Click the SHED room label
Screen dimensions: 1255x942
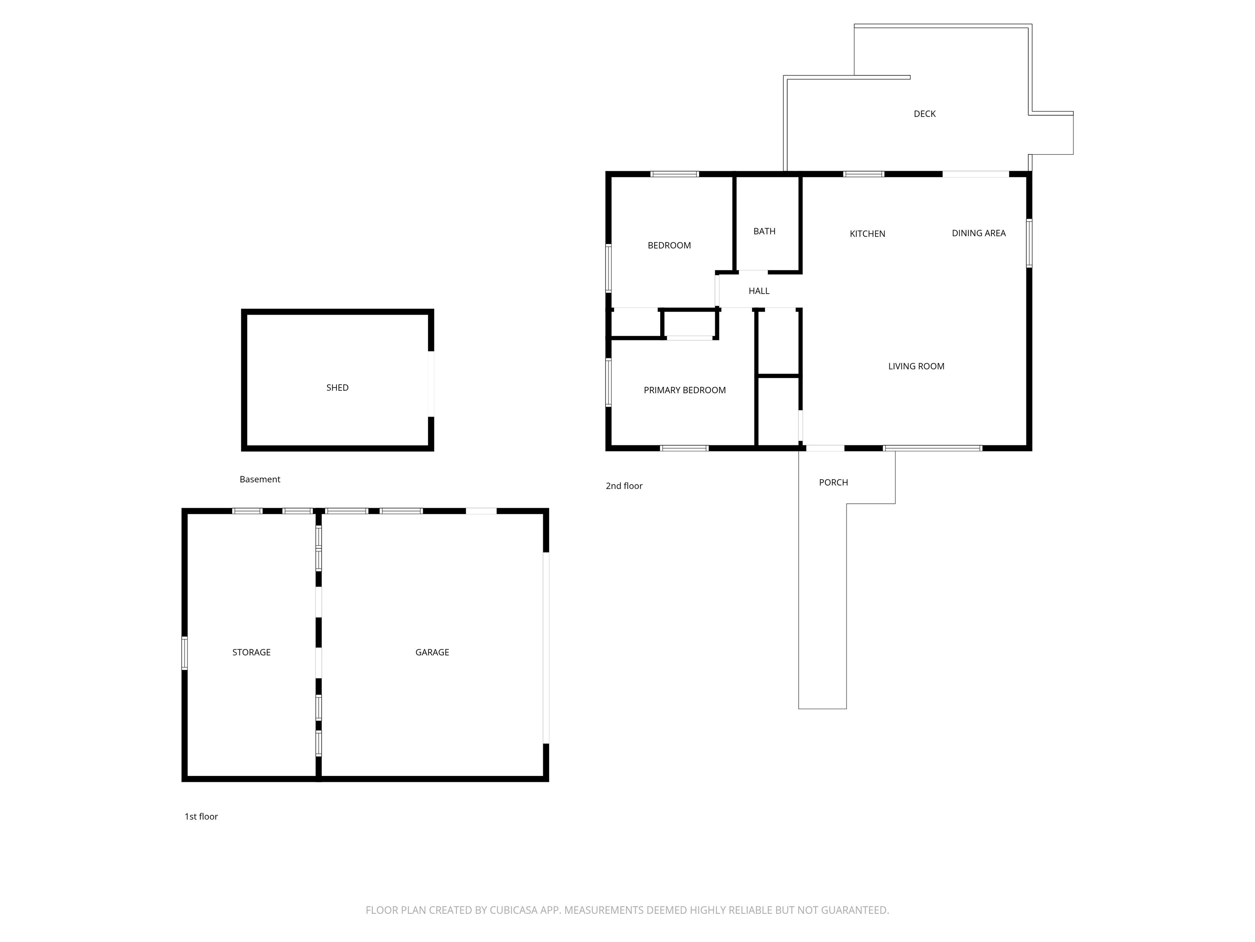(337, 388)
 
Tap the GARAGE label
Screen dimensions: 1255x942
(432, 653)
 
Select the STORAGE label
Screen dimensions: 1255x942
(251, 653)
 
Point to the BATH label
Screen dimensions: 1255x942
(764, 231)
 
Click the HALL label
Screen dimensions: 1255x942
(759, 291)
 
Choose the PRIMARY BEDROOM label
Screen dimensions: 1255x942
(685, 390)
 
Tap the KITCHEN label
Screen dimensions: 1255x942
(867, 233)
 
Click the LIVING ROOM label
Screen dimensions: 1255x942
(916, 366)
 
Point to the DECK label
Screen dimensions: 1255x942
(925, 114)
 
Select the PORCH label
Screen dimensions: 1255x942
(833, 482)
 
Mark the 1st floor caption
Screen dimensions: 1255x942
(201, 816)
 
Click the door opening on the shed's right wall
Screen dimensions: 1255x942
(431, 384)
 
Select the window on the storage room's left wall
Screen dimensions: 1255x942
(184, 653)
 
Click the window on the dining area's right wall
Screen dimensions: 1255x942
(1029, 243)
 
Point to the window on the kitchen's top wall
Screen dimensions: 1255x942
(864, 174)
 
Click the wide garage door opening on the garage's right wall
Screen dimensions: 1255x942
(546, 648)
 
